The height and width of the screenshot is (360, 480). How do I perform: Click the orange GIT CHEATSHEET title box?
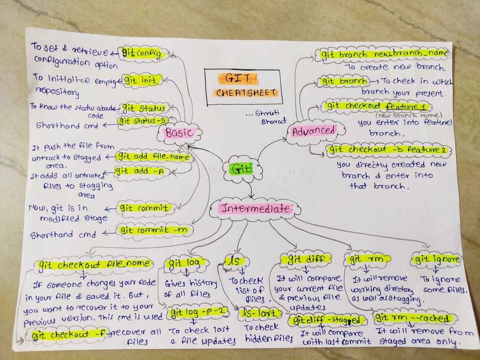pyautogui.click(x=243, y=86)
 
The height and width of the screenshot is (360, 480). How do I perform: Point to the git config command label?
pyautogui.click(x=143, y=54)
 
